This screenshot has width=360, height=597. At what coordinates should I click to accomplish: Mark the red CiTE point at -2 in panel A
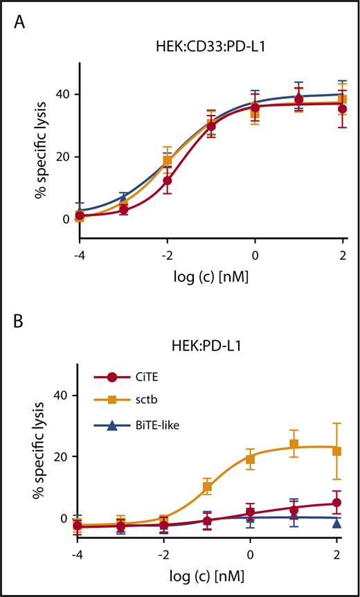point(166,180)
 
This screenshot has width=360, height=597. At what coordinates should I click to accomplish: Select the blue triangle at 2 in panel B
point(336,523)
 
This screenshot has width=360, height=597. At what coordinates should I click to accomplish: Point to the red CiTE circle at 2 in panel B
point(336,503)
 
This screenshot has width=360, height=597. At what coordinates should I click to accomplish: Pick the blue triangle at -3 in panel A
point(123,197)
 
